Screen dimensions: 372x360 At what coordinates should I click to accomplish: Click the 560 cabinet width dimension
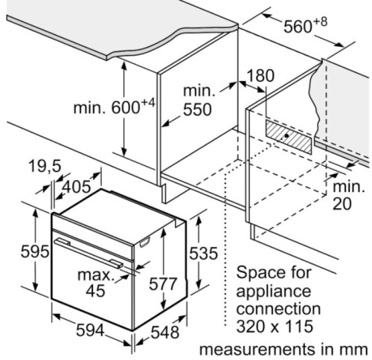[305, 25]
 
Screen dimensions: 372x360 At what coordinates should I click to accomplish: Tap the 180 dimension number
[261, 76]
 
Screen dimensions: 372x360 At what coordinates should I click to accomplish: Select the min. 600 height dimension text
[115, 106]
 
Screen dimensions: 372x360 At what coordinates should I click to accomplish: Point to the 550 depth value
[197, 109]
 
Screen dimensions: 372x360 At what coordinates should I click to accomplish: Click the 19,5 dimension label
[45, 166]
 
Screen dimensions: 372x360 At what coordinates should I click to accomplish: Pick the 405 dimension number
[77, 187]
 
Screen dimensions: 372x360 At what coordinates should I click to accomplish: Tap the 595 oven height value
[35, 251]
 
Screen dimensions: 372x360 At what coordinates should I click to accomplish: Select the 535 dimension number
[203, 254]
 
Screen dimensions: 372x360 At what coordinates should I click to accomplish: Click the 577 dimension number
[163, 284]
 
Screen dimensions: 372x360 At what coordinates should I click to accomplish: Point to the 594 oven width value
[90, 330]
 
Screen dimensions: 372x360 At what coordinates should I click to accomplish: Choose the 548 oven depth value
[165, 332]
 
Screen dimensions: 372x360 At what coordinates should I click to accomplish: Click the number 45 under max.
[95, 291]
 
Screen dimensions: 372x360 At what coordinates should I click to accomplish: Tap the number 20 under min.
[342, 204]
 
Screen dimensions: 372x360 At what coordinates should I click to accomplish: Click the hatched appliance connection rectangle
[289, 137]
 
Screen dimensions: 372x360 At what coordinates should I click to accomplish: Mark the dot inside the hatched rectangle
[286, 135]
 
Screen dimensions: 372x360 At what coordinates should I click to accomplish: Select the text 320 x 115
[275, 327]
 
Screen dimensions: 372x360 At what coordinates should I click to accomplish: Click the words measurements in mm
[283, 350]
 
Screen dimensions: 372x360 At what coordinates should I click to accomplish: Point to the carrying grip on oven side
[145, 242]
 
